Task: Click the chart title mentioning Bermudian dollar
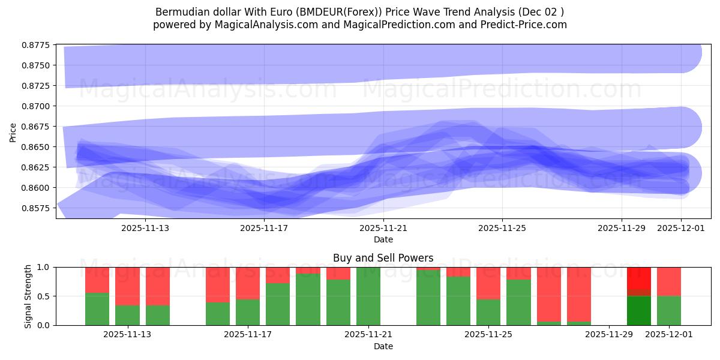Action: coord(359,12)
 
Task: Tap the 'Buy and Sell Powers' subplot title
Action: coord(383,258)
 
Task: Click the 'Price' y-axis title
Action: coord(13,133)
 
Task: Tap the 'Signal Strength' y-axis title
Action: coord(28,296)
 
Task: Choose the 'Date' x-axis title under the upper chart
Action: coord(383,239)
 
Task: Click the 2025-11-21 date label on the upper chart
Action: coord(383,228)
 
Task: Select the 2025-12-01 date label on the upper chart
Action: coord(681,228)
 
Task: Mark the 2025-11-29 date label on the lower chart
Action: coord(608,335)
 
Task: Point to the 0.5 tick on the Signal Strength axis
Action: coord(45,296)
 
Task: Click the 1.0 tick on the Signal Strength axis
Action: coord(45,267)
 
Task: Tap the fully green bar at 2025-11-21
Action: coord(368,296)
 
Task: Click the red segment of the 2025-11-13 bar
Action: coord(127,286)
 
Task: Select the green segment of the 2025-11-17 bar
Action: coord(248,312)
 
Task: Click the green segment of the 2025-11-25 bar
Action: coord(488,312)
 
